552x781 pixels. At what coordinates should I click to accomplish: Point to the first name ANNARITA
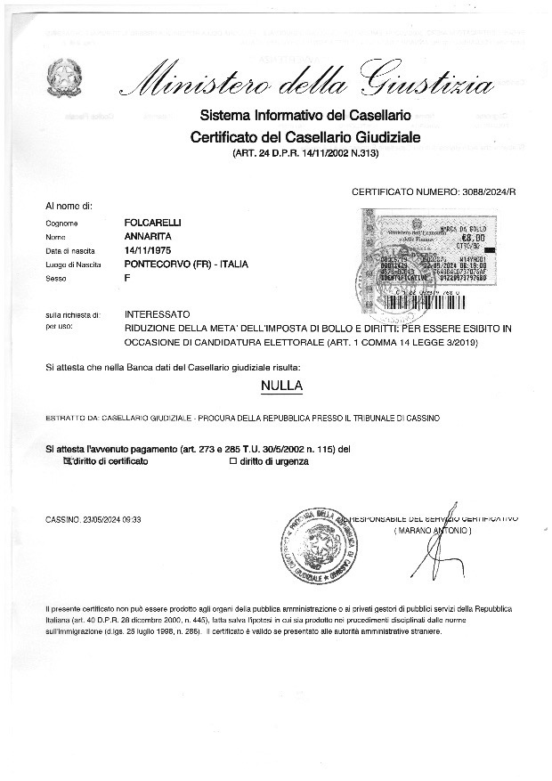(147, 236)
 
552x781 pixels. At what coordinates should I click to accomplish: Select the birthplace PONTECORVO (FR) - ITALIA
(186, 264)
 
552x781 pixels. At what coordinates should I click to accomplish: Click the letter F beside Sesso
(128, 279)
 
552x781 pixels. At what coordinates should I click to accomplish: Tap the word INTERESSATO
(158, 314)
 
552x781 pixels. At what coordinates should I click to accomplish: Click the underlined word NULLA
(281, 386)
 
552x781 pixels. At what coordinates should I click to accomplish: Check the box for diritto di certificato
(65, 461)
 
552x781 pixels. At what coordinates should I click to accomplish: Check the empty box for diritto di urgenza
(233, 461)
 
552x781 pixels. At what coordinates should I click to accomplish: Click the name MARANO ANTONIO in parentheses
(433, 531)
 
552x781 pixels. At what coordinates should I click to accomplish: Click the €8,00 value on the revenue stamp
(473, 239)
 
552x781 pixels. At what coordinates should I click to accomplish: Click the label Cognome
(61, 223)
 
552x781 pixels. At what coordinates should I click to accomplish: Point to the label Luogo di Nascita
(72, 265)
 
